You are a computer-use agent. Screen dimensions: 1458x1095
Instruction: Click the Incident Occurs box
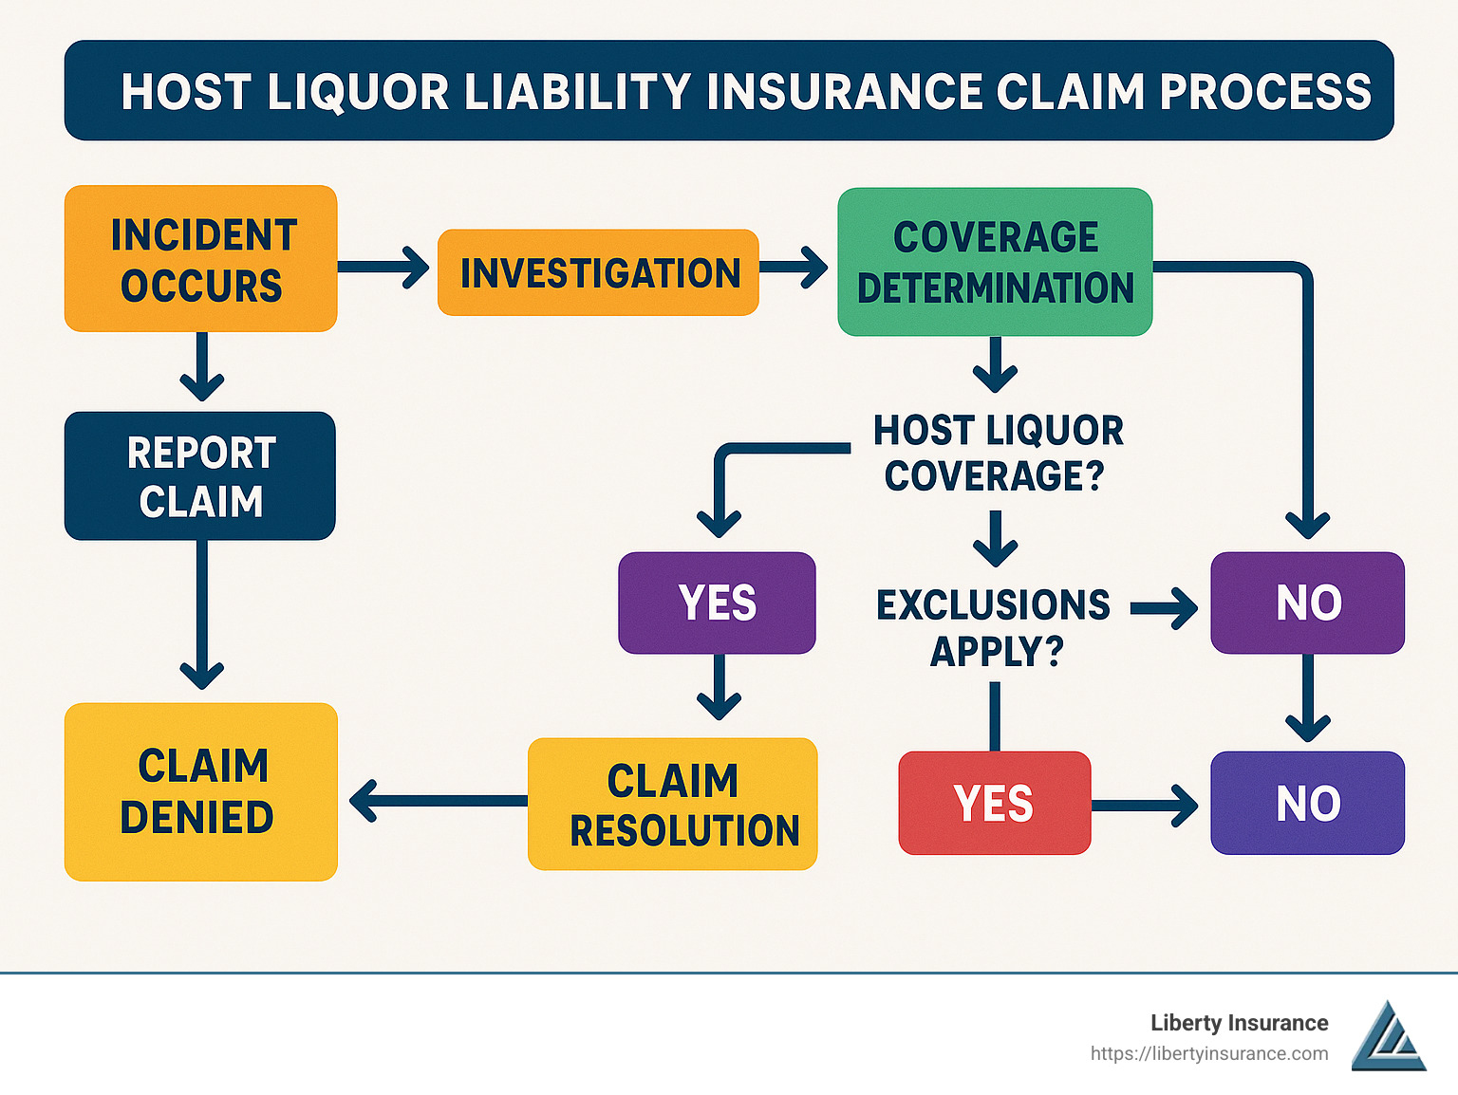point(200,258)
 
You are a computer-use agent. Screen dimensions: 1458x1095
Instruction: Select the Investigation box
point(598,272)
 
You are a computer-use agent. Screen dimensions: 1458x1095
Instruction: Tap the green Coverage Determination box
point(995,262)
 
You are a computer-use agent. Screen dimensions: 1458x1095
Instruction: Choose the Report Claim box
point(200,475)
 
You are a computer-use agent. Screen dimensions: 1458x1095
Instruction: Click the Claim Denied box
point(200,791)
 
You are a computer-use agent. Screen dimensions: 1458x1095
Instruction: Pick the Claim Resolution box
point(672,804)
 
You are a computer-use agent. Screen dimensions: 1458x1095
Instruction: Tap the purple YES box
point(717,603)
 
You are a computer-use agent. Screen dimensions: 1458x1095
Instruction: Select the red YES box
point(995,803)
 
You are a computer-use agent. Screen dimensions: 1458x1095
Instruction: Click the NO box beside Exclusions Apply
point(1307,603)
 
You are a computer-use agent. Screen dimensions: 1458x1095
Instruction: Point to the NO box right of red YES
point(1307,803)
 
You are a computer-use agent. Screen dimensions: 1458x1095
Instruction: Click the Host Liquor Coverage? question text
point(997,453)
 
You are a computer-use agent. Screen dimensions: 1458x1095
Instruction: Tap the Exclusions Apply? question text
point(994,627)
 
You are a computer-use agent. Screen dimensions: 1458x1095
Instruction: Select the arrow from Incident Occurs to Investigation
point(383,267)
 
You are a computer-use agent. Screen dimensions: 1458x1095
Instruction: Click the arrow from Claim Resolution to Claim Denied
point(439,801)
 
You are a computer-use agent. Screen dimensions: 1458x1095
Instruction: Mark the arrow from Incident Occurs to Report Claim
point(202,366)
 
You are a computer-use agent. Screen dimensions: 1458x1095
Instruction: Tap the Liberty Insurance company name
point(1240,1023)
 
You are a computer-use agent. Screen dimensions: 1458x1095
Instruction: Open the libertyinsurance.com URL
point(1209,1054)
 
